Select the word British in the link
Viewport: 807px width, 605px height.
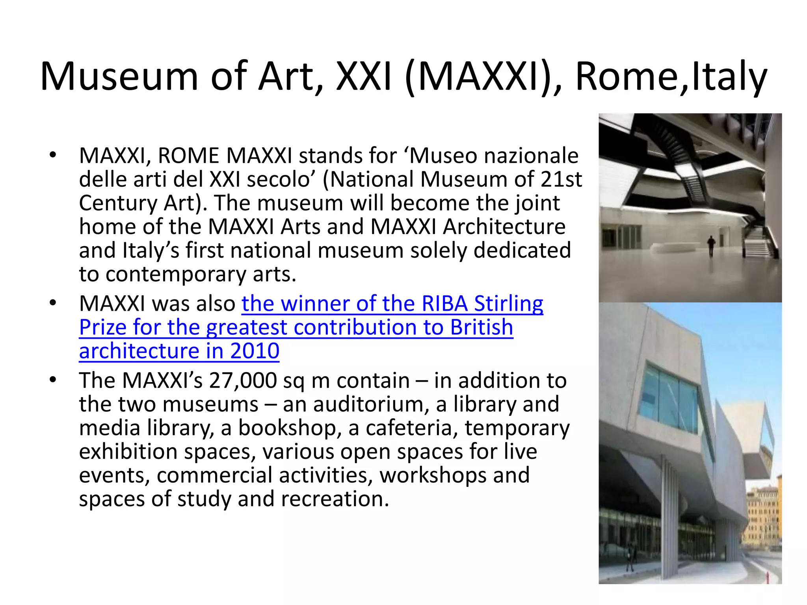(482, 327)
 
